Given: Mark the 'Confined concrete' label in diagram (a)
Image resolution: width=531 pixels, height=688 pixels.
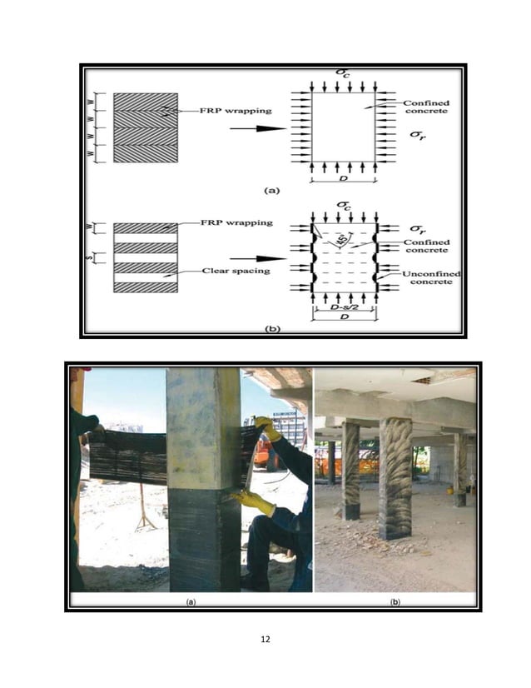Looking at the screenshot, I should [x=426, y=107].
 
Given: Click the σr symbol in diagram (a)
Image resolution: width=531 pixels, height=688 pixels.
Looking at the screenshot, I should [x=419, y=133].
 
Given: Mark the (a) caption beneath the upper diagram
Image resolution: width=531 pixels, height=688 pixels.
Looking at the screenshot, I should [x=271, y=190].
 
